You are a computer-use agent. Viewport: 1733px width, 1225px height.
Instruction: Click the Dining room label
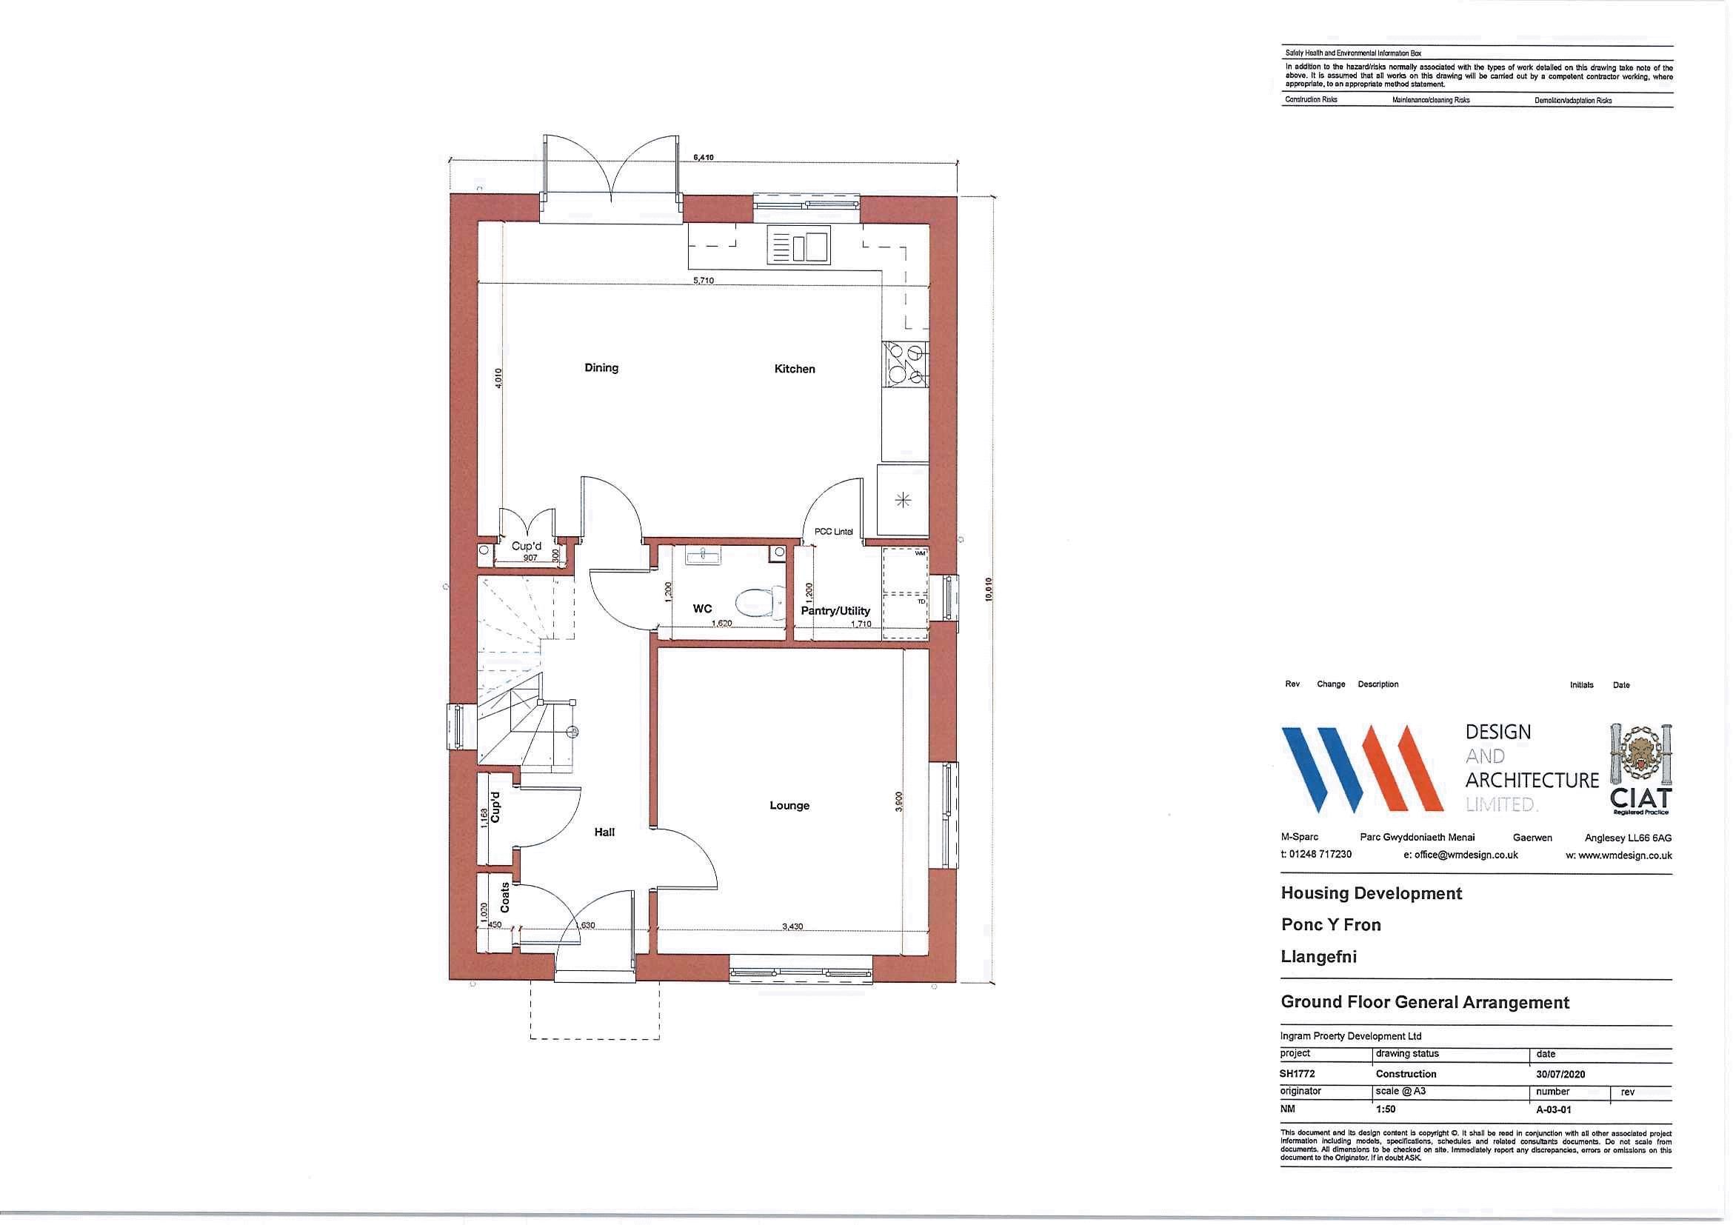click(601, 367)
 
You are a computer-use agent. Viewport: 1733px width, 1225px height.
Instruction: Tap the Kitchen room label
click(794, 369)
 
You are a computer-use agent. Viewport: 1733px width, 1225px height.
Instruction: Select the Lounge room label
click(789, 805)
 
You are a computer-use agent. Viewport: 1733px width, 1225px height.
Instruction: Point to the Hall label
click(604, 832)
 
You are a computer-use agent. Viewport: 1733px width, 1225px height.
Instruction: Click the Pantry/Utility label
click(835, 610)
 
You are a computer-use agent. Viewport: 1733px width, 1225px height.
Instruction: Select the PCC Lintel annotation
click(833, 531)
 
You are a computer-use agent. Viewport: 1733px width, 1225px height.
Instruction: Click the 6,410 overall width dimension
click(704, 158)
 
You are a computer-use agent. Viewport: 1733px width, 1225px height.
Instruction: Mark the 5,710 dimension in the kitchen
click(704, 281)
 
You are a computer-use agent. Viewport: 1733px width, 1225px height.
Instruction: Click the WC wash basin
click(704, 557)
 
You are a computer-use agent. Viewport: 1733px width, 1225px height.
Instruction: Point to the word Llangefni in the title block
click(1318, 956)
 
